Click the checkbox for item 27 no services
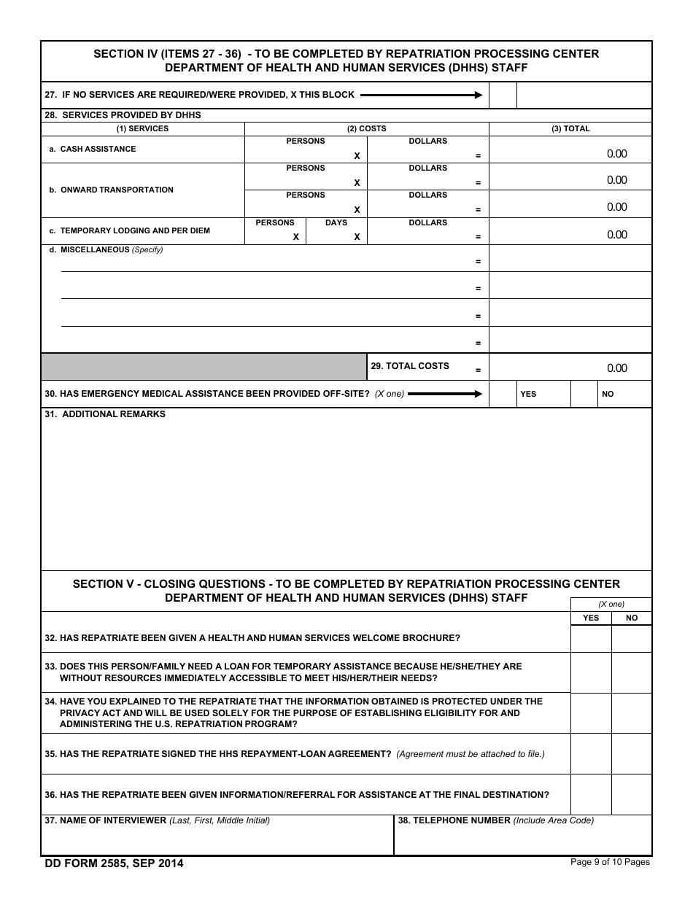pos(503,95)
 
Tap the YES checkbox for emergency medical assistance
pos(503,394)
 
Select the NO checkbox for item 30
pos(584,394)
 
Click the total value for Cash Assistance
pos(616,153)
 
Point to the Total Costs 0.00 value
pos(616,368)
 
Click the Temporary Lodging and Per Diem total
pos(616,234)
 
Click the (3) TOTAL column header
pos(570,128)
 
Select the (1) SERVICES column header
pos(142,128)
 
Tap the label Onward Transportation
pos(117,190)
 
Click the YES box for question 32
pos(591,638)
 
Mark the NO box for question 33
pos(632,672)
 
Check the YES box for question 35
pos(591,754)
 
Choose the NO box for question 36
pos(632,795)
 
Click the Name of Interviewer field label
pos(106,820)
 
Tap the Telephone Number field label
pos(454,820)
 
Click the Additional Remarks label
pos(105,414)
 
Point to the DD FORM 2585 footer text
pos(114,863)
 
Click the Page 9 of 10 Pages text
pos(610,862)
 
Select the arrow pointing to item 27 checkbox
pos(421,95)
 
